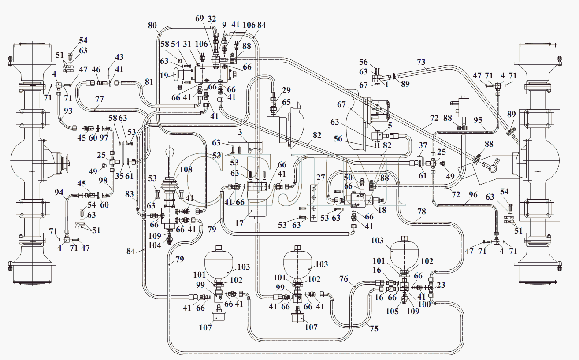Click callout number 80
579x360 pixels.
(x=152, y=25)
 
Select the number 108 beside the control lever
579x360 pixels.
(x=186, y=170)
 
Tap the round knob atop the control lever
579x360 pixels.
(x=170, y=151)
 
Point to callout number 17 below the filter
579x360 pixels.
(x=239, y=223)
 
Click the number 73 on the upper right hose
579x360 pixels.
(x=421, y=62)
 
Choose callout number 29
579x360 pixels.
(x=286, y=90)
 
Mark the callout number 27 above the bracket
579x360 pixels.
(x=320, y=178)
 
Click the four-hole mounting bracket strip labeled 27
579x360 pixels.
(x=314, y=203)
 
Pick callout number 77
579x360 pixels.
(x=100, y=99)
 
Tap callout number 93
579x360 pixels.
(x=68, y=111)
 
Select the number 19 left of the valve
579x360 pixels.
(x=164, y=75)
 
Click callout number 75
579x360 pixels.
(x=374, y=328)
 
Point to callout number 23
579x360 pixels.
(x=441, y=285)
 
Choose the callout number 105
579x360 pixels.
(x=392, y=311)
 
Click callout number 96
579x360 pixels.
(x=473, y=194)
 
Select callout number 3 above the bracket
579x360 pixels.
(x=240, y=132)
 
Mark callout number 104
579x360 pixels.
(x=155, y=245)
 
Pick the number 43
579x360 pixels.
(x=119, y=57)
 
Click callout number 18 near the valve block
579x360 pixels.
(x=382, y=210)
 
